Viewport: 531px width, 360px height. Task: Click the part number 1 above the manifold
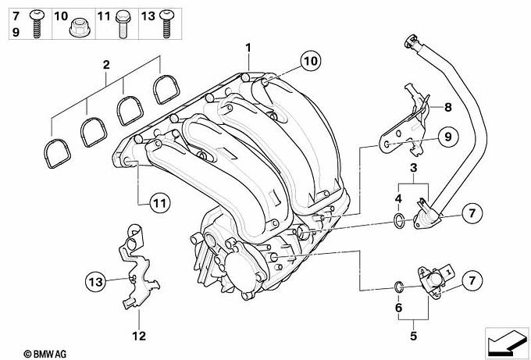(x=248, y=46)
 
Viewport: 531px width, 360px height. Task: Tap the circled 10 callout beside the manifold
(x=311, y=60)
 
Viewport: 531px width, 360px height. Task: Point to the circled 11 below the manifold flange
(x=159, y=204)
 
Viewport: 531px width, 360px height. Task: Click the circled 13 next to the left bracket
(x=95, y=280)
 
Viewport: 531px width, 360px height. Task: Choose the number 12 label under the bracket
(x=139, y=337)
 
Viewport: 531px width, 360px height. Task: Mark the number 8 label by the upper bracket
(x=448, y=107)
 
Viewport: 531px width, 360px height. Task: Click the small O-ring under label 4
(x=398, y=221)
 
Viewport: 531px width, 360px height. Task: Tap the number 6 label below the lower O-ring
(x=397, y=309)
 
